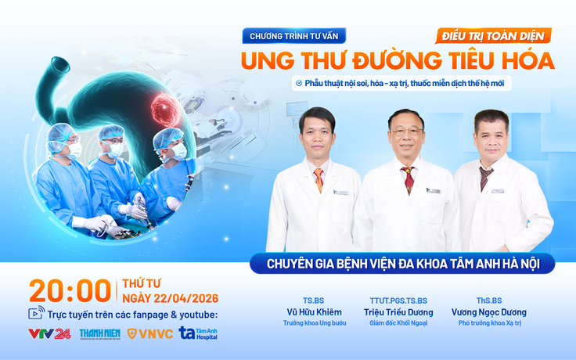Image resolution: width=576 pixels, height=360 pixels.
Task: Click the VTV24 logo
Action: (49, 333)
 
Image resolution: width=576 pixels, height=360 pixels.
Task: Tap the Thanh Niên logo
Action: (99, 333)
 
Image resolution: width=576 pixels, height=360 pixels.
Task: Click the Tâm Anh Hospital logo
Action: (199, 333)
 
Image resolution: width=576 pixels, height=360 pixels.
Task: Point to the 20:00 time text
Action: (70, 291)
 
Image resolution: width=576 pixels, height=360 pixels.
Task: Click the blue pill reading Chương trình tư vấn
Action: (293, 36)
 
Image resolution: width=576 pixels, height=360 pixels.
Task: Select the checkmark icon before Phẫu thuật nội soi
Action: (298, 83)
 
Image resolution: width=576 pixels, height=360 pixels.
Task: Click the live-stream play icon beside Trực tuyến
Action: (36, 314)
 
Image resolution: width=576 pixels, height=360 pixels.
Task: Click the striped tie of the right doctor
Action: (486, 178)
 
